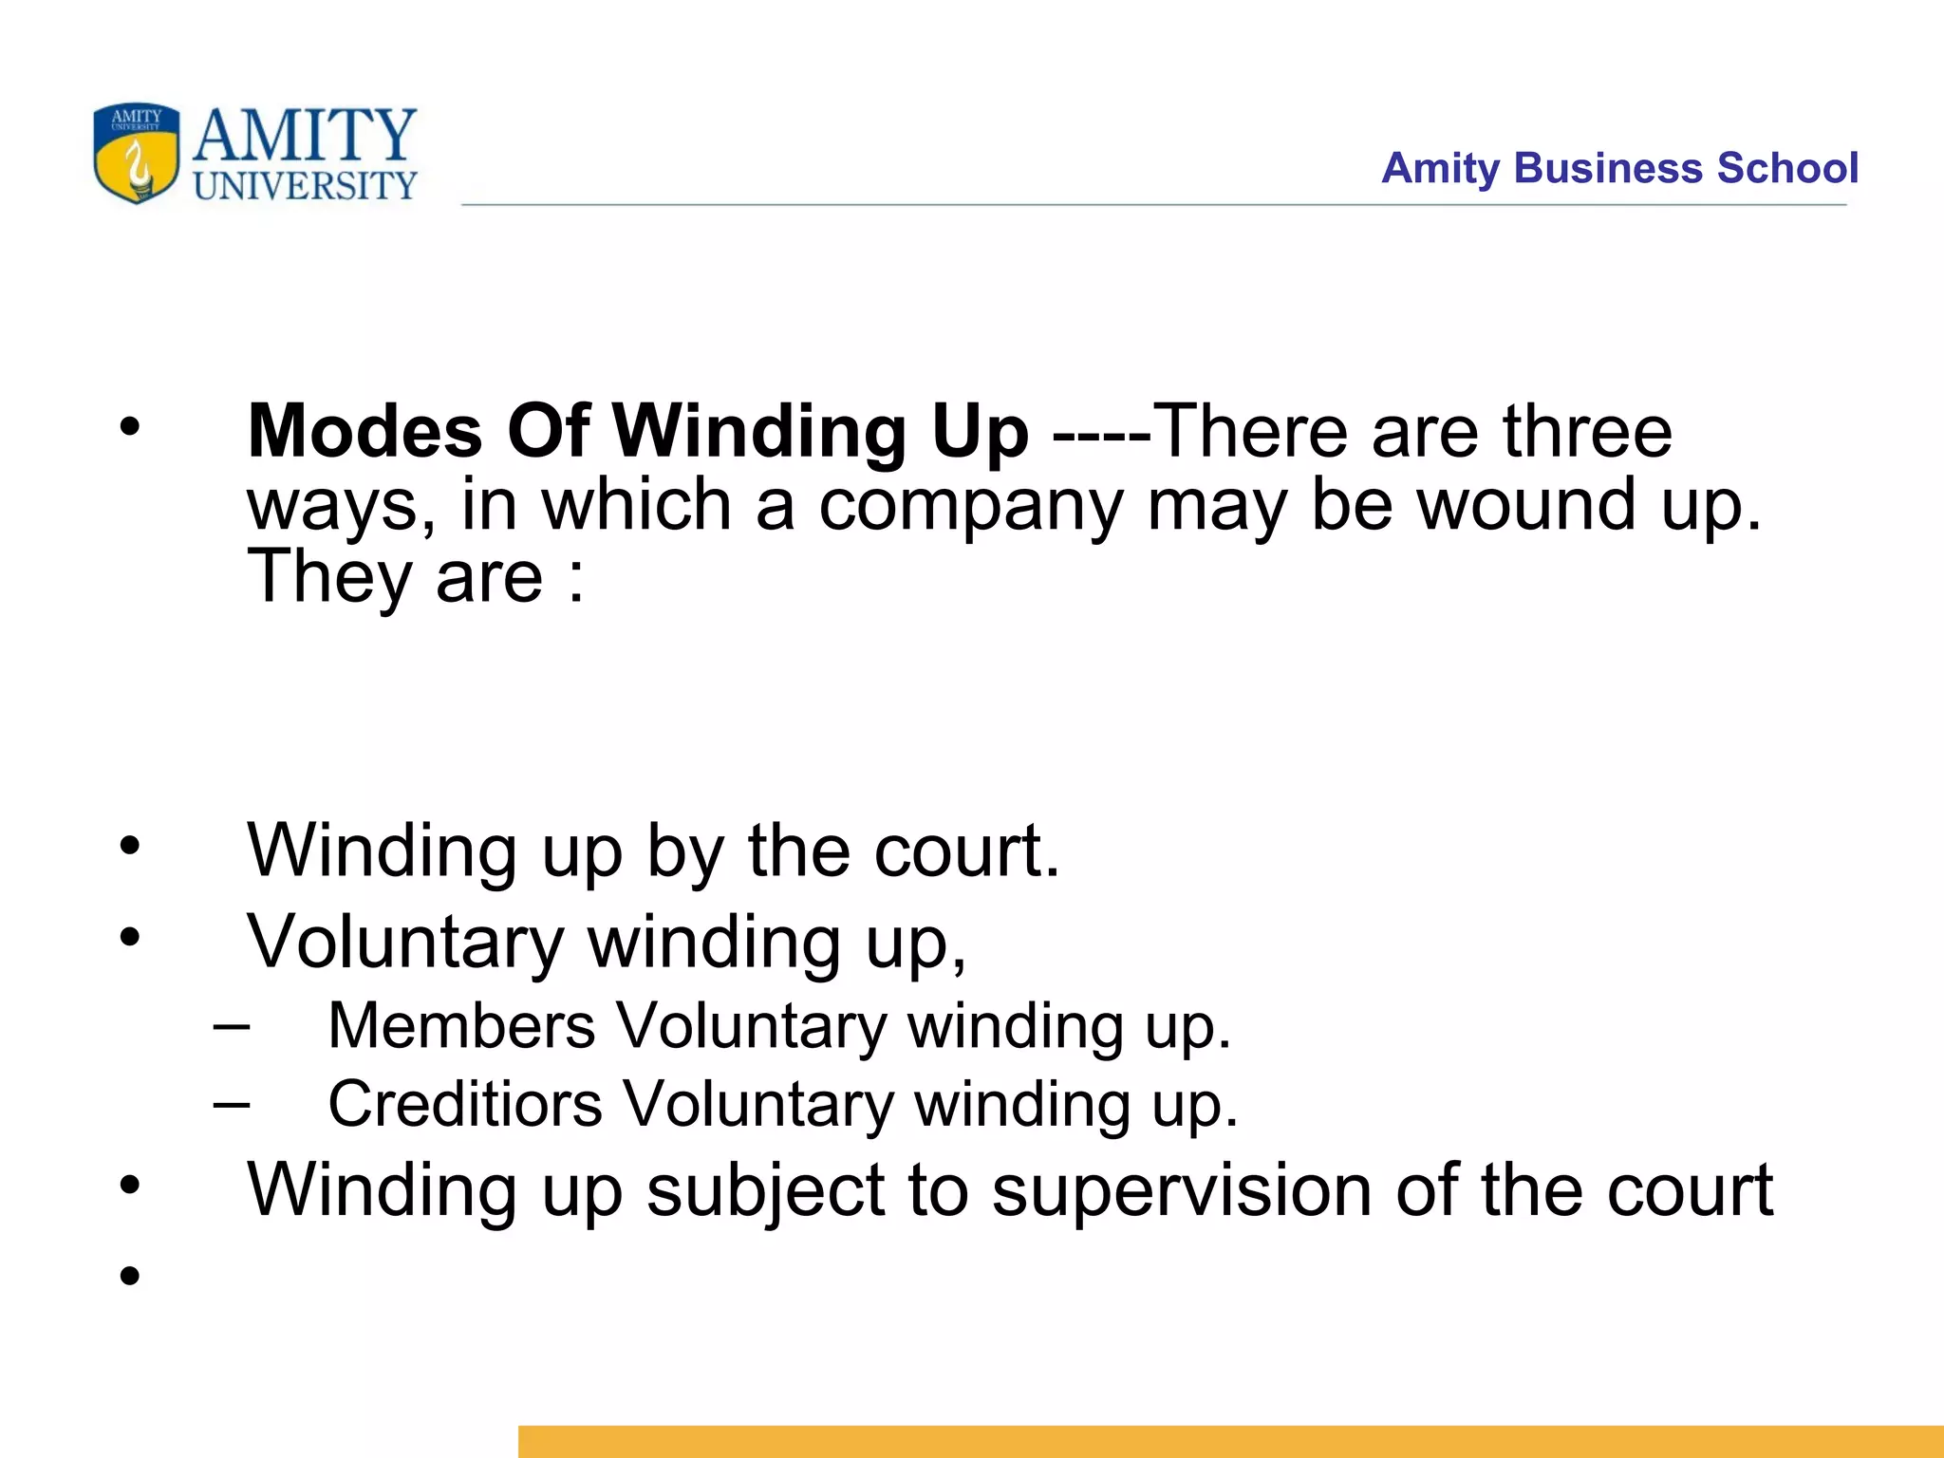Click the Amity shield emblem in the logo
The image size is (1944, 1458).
(x=137, y=154)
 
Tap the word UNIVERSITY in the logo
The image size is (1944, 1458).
(x=305, y=186)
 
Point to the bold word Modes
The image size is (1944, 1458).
(x=364, y=432)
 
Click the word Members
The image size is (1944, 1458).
(x=461, y=1026)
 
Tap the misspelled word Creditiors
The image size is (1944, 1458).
(x=465, y=1104)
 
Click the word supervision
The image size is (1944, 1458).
(x=1182, y=1192)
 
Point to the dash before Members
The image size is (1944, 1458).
(x=232, y=1026)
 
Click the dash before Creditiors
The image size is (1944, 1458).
(x=232, y=1104)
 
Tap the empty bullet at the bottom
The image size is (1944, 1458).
(x=130, y=1275)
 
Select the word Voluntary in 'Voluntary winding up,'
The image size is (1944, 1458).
(x=405, y=944)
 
